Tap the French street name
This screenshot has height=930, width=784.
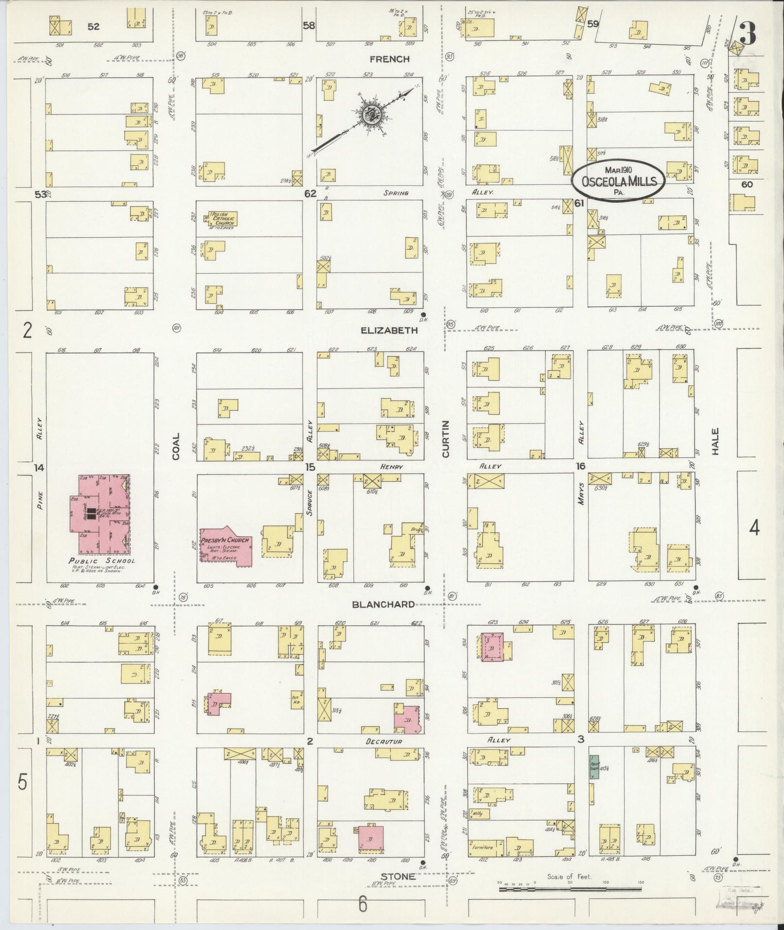pyautogui.click(x=389, y=59)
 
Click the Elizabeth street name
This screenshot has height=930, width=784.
pyautogui.click(x=389, y=330)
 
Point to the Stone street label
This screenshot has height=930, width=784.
pyautogui.click(x=398, y=876)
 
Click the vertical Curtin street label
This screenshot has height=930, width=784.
pyautogui.click(x=445, y=439)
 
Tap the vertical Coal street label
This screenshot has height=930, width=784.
pyautogui.click(x=175, y=446)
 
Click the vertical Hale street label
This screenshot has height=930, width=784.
pyautogui.click(x=714, y=441)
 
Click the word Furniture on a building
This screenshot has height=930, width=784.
pyautogui.click(x=481, y=847)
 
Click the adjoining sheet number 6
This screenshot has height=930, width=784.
pyautogui.click(x=363, y=904)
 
